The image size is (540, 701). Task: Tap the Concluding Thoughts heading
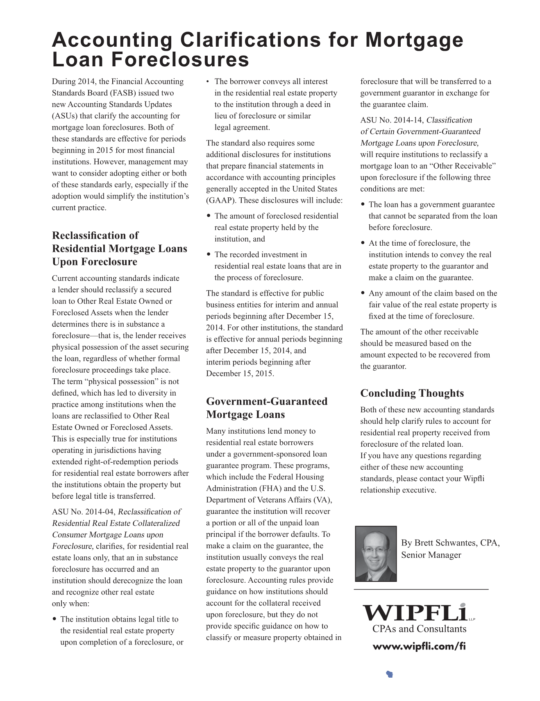pos(412,393)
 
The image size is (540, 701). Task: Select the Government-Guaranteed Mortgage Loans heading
pos(267,408)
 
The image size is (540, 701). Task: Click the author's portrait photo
pos(376,554)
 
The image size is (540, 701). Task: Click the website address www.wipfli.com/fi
pos(419,647)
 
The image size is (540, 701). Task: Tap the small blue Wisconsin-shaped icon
pos(389,674)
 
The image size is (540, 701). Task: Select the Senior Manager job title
pos(431,555)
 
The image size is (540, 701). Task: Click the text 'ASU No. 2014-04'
pos(83,512)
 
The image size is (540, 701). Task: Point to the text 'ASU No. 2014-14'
pos(392,120)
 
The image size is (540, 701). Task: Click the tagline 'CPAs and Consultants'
pos(419,629)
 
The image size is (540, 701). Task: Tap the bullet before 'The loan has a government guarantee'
pos(363,205)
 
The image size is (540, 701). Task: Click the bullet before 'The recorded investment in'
pos(209,255)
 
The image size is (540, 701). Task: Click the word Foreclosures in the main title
pos(180,60)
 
